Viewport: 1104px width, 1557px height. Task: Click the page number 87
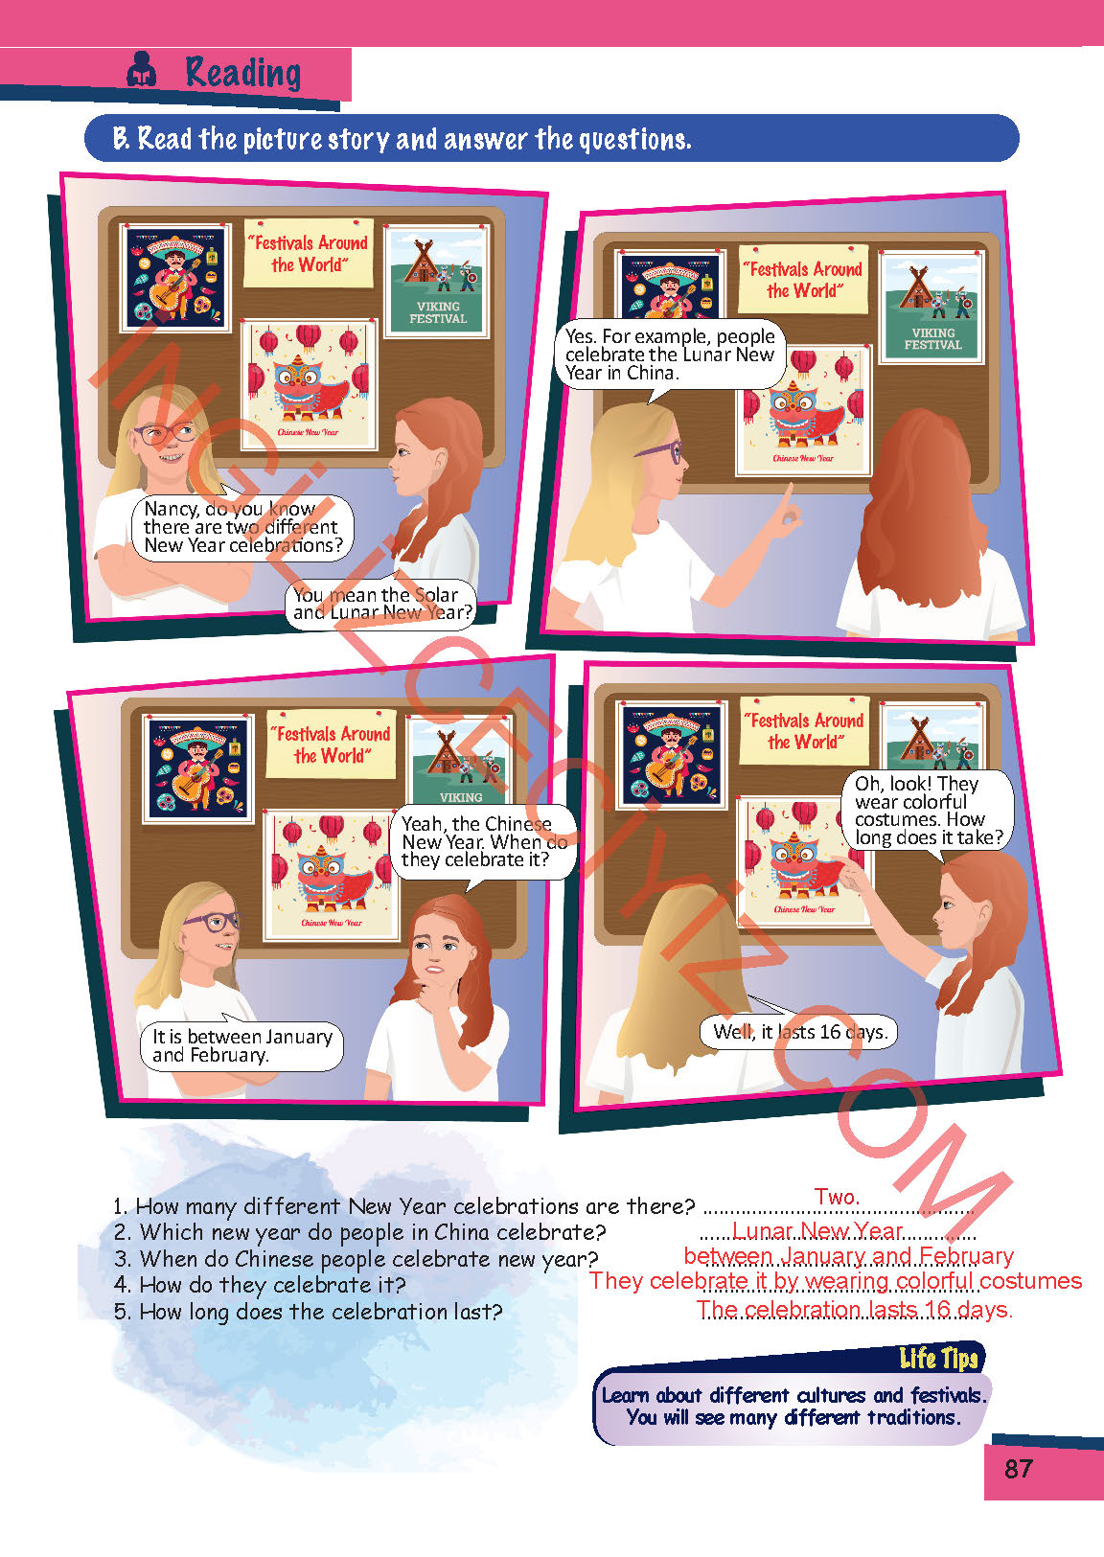point(1018,1468)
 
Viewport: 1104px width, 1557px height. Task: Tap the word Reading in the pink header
point(243,73)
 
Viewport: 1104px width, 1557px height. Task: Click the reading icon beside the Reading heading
point(141,70)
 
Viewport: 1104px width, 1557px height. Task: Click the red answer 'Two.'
point(837,1197)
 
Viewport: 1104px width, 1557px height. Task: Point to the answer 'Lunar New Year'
point(817,1231)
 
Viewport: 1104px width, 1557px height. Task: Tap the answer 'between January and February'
point(849,1256)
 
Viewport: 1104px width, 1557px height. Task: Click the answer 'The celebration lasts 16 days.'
point(855,1309)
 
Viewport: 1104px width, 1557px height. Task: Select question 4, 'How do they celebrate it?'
point(260,1285)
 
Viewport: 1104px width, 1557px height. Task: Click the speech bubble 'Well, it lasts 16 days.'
point(799,1031)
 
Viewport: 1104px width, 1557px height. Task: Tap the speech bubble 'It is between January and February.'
point(241,1045)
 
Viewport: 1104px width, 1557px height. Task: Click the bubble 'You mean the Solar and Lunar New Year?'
point(381,604)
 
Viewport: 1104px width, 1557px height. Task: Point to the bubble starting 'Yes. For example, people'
point(670,355)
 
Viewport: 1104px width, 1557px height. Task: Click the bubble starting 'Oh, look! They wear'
point(928,811)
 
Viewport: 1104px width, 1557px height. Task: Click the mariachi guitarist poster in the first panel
point(175,277)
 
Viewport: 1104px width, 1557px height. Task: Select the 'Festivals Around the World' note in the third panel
point(331,744)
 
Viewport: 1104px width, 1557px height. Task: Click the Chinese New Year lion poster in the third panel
point(332,875)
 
